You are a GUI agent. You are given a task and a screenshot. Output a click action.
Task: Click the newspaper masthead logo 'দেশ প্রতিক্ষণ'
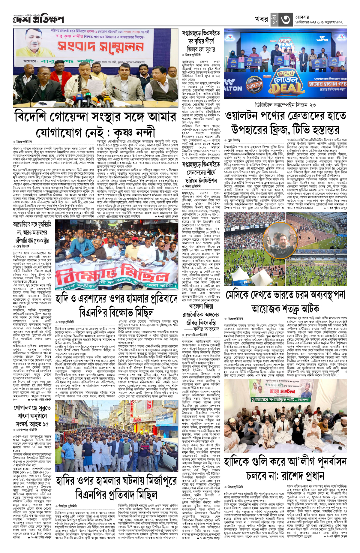coord(38,20)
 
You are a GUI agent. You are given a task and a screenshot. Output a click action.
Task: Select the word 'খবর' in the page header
coord(261,19)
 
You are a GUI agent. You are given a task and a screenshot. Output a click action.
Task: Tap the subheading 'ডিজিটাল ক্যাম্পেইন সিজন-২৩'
coord(285,105)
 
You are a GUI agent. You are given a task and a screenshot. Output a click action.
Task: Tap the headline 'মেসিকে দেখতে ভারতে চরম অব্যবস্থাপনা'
coord(285,295)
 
